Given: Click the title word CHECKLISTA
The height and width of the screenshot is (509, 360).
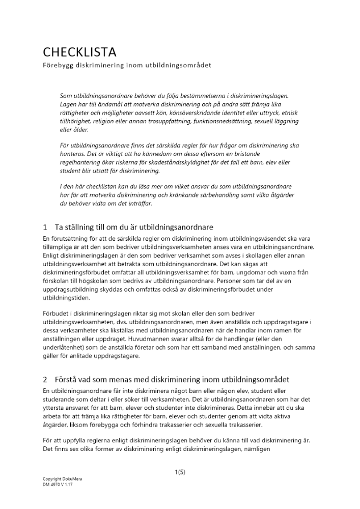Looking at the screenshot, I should point(79,52).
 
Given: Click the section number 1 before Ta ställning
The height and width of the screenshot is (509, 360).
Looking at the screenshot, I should point(45,227).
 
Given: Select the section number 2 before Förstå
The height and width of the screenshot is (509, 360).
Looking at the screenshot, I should point(45,379).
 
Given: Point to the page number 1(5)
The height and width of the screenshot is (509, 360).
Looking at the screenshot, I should point(180,472).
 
